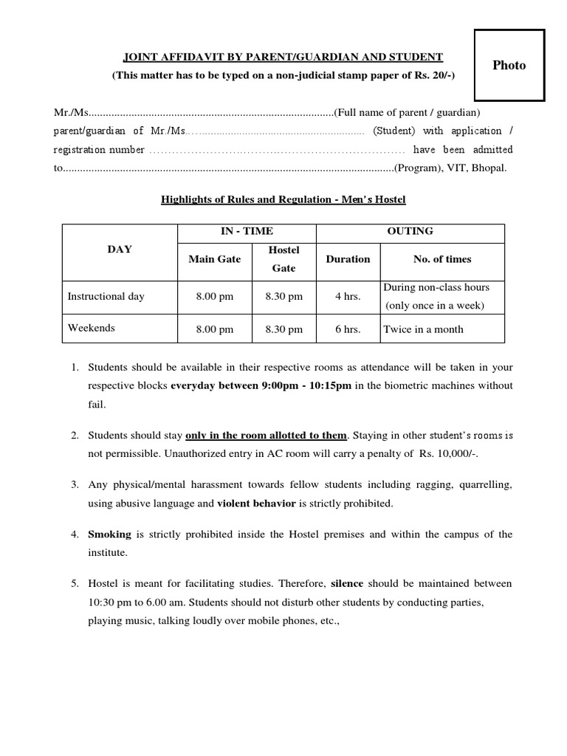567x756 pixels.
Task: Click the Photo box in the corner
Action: [x=509, y=65]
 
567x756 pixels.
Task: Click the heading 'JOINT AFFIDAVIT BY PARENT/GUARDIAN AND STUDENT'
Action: [x=283, y=57]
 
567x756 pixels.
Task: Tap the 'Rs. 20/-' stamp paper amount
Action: [x=434, y=75]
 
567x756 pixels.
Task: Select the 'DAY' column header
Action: [x=120, y=250]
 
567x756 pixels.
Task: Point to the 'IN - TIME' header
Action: [x=247, y=231]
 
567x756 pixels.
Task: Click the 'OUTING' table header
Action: [x=410, y=231]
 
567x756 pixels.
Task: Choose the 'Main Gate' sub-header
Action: [x=214, y=259]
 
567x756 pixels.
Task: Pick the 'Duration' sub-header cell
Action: [x=348, y=259]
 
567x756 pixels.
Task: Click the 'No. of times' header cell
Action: [x=442, y=259]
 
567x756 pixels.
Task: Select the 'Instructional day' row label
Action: [x=106, y=296]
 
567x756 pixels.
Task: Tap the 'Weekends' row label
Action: [x=92, y=328]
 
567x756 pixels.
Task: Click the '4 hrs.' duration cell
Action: [x=348, y=297]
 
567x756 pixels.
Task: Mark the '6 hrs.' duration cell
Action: [x=348, y=329]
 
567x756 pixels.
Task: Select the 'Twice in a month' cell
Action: [x=423, y=329]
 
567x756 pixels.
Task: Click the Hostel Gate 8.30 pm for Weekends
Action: [x=283, y=329]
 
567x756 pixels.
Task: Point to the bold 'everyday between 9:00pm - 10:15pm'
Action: [x=261, y=385]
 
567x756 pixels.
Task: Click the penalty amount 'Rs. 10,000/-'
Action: [x=447, y=453]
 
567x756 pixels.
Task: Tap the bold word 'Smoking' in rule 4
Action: [x=109, y=534]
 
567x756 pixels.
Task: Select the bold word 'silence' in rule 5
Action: [x=347, y=583]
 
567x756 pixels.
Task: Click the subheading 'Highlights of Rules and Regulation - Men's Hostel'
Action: [x=283, y=199]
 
